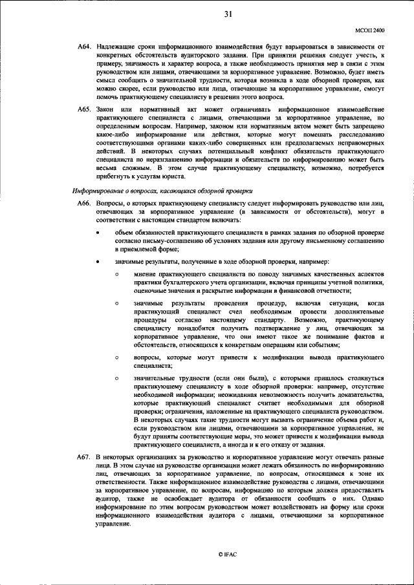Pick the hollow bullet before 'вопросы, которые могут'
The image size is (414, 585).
117,356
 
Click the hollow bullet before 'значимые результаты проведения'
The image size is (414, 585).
117,303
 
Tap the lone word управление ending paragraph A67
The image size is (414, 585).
113,524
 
